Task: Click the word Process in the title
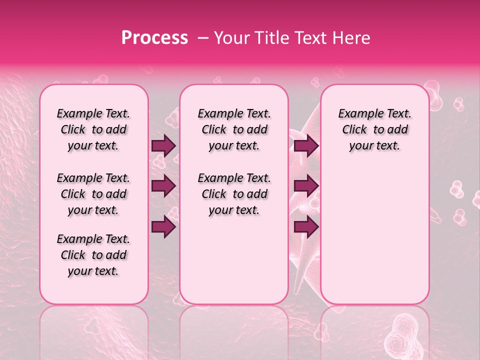(x=154, y=38)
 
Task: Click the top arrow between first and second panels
(x=163, y=145)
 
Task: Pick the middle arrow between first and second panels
(x=163, y=186)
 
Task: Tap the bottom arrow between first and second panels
(x=163, y=227)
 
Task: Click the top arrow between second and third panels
(x=306, y=145)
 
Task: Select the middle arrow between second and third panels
(x=306, y=186)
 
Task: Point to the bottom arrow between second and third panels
(x=306, y=227)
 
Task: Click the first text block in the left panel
(x=93, y=129)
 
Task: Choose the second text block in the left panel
(x=93, y=194)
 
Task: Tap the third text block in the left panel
(x=93, y=255)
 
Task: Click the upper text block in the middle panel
(x=234, y=129)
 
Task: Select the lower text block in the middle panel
(x=234, y=194)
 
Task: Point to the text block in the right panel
(x=374, y=129)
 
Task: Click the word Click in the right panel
(x=354, y=130)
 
